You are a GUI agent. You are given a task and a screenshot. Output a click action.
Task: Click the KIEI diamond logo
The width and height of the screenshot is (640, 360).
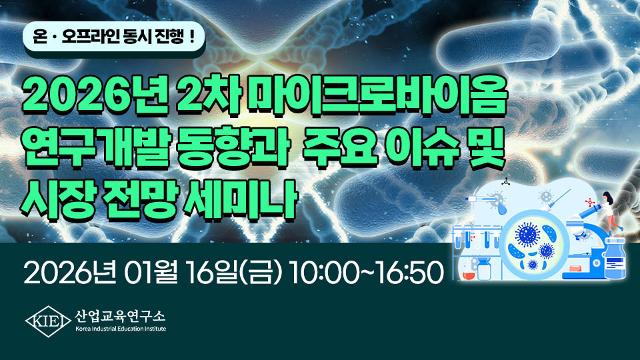(48, 321)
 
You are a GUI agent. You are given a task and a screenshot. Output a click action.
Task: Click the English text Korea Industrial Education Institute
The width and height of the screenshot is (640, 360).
(121, 329)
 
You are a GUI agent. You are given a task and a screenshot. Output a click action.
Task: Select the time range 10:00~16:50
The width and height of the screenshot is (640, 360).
(366, 272)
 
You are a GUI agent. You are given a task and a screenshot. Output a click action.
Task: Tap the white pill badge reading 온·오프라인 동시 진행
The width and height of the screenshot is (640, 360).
(114, 37)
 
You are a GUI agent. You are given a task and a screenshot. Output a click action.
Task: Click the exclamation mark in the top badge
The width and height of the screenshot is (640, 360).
(191, 37)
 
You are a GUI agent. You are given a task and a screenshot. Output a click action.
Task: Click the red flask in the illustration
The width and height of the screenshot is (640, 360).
(469, 274)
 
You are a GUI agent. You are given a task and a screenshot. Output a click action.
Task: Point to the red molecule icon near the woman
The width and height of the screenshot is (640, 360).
(590, 202)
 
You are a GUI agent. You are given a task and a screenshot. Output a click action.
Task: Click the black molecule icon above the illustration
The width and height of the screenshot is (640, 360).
(505, 181)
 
